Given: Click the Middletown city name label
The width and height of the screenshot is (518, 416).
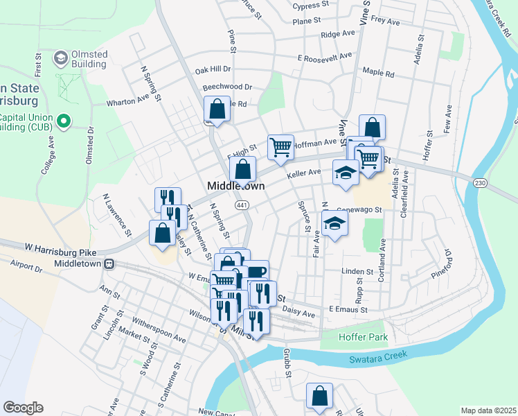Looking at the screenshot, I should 236,187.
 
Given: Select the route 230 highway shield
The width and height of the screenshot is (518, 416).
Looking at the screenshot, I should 480,182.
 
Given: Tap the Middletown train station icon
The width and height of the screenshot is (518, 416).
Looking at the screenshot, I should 109,263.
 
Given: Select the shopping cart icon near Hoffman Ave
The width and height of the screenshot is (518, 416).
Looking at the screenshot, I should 280,147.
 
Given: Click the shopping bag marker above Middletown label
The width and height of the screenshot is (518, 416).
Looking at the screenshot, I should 243,168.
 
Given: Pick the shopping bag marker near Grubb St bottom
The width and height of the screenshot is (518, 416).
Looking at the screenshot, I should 320,396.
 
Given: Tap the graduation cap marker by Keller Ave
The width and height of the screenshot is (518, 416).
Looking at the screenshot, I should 346,173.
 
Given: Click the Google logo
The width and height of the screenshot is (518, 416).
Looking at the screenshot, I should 23,408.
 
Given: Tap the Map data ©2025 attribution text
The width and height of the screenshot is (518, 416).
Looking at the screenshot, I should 488,410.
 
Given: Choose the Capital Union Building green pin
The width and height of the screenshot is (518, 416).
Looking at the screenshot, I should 64,122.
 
